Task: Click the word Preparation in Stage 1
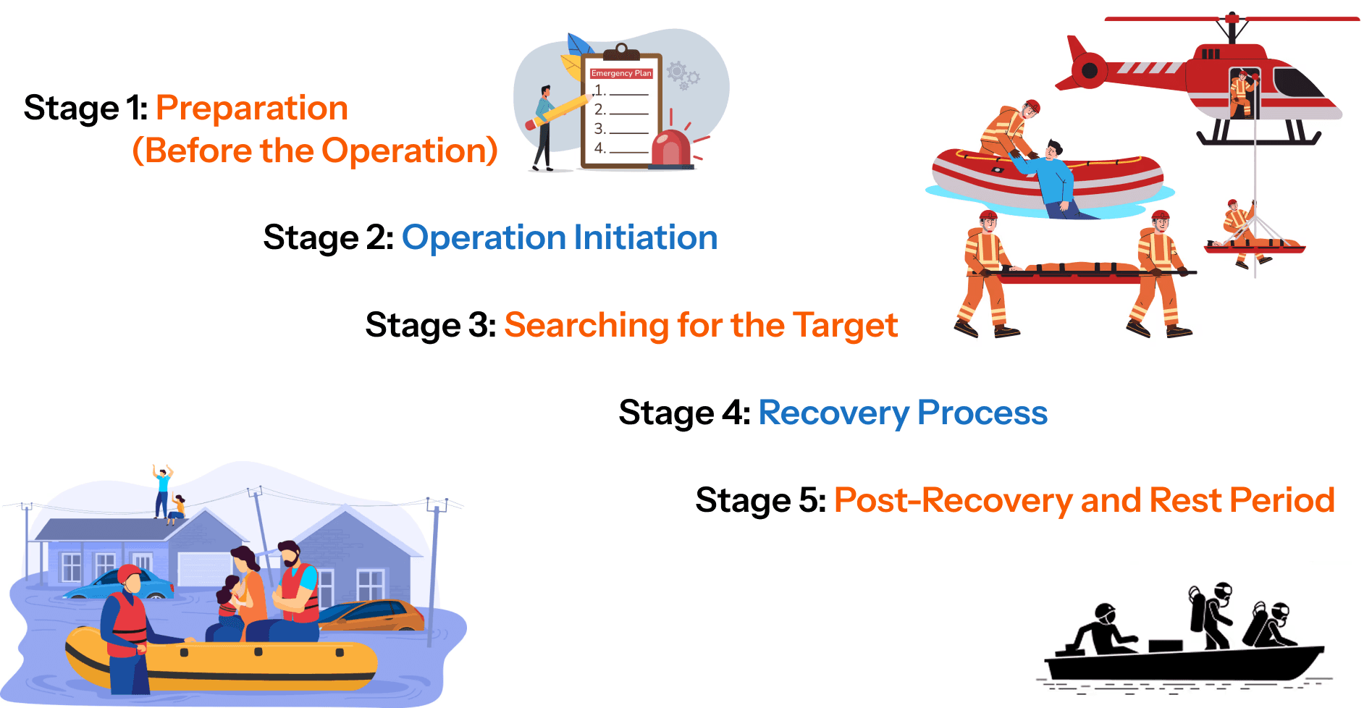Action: tap(251, 108)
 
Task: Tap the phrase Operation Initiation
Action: tap(559, 237)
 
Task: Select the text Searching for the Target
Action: tap(700, 324)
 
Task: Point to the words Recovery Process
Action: tap(902, 413)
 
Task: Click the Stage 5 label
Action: tap(759, 500)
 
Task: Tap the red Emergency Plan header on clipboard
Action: tap(621, 73)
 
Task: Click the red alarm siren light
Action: tap(671, 149)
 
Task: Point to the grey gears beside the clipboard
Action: tap(683, 75)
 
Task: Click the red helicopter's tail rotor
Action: tap(1088, 71)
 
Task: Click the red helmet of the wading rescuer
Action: tap(129, 575)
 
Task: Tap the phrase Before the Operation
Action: tap(315, 151)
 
